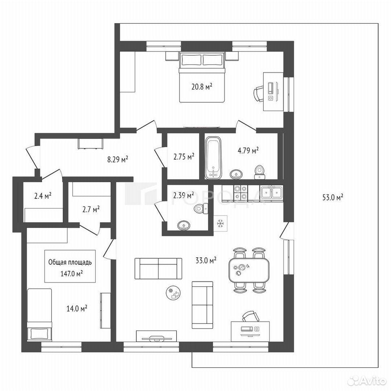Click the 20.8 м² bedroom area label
coord(202,87)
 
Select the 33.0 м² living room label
coord(206,261)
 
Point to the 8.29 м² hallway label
coord(118,159)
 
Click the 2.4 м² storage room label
coord(43,196)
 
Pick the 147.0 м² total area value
coord(72,274)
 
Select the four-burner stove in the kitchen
coord(241,192)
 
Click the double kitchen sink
coord(272,192)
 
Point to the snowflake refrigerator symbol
coord(220,224)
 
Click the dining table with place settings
coord(249,270)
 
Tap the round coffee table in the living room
coord(174,293)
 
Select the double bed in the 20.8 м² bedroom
coord(202,77)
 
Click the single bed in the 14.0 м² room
coord(40,315)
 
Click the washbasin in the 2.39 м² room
coord(184,226)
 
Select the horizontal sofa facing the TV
coord(158,268)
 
